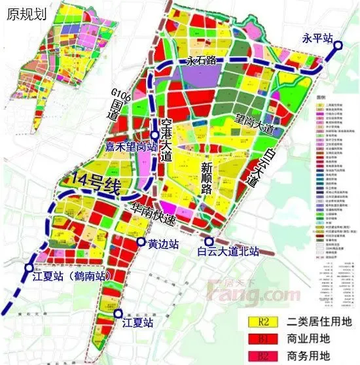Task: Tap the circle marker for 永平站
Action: click(339, 46)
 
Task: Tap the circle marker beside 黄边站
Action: click(140, 243)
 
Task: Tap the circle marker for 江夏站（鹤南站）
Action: click(27, 267)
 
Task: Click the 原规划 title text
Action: click(24, 14)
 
